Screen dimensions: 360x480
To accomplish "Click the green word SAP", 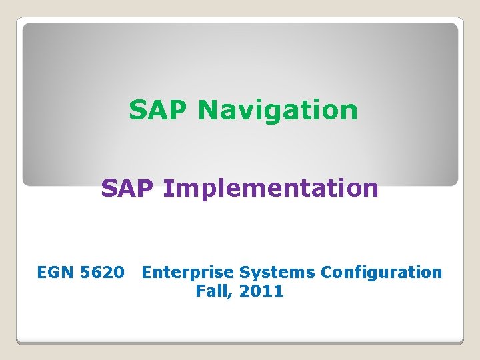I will [159, 110].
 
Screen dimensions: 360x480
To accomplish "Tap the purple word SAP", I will [128, 189].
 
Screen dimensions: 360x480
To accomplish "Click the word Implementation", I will [271, 189].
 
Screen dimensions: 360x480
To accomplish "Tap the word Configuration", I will [381, 272].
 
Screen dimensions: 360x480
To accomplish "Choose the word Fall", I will [210, 291].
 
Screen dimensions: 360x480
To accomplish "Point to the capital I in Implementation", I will [167, 189].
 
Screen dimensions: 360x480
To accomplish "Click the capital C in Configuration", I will [326, 272].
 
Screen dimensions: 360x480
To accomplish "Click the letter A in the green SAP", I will [159, 110].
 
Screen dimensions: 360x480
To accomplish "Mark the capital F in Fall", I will [200, 291].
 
